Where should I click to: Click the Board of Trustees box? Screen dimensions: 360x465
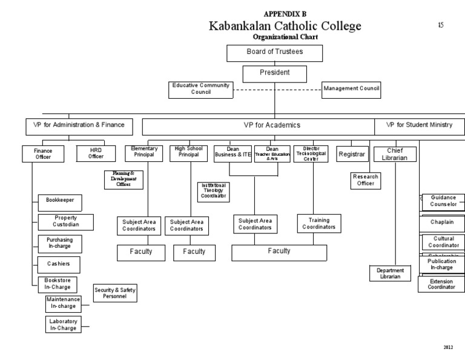(274, 53)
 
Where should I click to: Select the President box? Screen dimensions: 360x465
(274, 73)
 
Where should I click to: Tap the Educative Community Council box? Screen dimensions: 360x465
(200, 90)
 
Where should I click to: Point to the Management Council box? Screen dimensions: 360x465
(351, 90)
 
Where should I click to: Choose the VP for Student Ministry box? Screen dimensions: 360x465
(419, 125)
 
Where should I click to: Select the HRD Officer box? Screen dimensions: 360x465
(96, 154)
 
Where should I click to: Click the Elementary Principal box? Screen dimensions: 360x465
(144, 152)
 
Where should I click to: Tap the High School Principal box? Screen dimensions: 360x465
(188, 152)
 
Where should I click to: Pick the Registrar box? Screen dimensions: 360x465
(351, 155)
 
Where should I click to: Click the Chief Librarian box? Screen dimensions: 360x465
(395, 154)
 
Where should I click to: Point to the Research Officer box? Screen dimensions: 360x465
(366, 180)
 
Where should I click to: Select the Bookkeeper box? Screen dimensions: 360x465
(60, 201)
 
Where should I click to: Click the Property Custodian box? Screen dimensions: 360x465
(66, 221)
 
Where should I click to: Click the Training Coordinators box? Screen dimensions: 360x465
(319, 224)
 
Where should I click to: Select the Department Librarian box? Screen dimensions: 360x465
(390, 274)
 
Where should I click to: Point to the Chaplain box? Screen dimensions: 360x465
(442, 222)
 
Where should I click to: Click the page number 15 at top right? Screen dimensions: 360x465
(440, 25)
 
